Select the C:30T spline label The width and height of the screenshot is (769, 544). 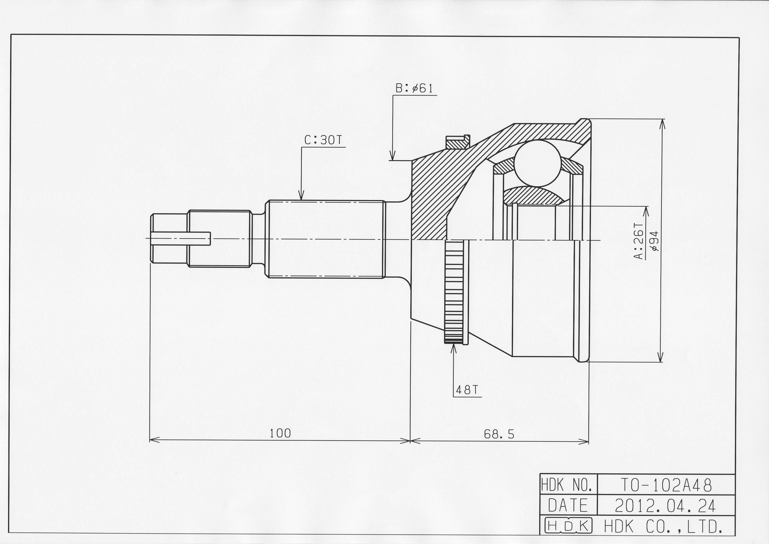pos(323,140)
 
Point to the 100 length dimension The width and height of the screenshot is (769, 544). pos(280,433)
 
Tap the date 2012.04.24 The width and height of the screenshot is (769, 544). pos(665,506)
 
